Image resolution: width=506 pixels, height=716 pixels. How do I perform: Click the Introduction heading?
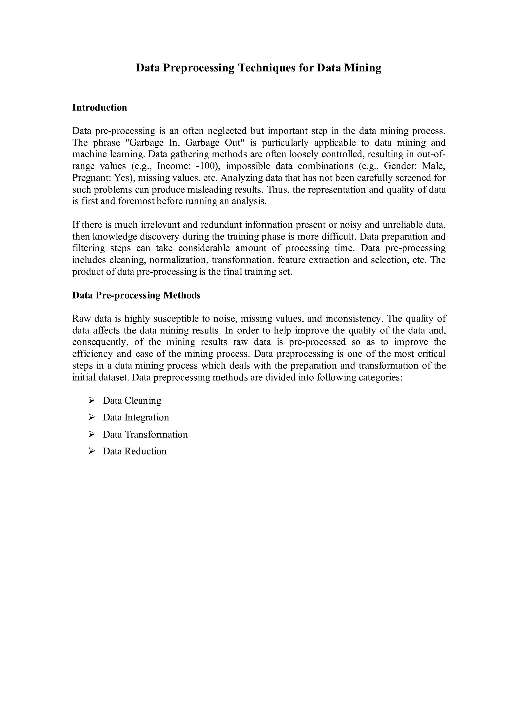(x=100, y=108)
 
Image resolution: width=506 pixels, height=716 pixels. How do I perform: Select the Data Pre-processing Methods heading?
(x=136, y=295)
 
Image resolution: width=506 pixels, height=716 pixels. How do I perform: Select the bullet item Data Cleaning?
(x=132, y=401)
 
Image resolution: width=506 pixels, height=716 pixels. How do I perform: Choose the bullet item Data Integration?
(x=136, y=417)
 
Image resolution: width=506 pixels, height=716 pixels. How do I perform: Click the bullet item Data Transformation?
(x=145, y=434)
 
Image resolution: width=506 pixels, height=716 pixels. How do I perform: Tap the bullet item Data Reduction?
(x=134, y=451)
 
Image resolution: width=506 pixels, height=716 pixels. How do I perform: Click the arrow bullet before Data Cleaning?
(x=91, y=400)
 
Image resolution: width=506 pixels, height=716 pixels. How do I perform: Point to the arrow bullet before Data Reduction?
(x=91, y=451)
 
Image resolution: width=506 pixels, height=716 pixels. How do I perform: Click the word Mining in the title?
(x=363, y=68)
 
